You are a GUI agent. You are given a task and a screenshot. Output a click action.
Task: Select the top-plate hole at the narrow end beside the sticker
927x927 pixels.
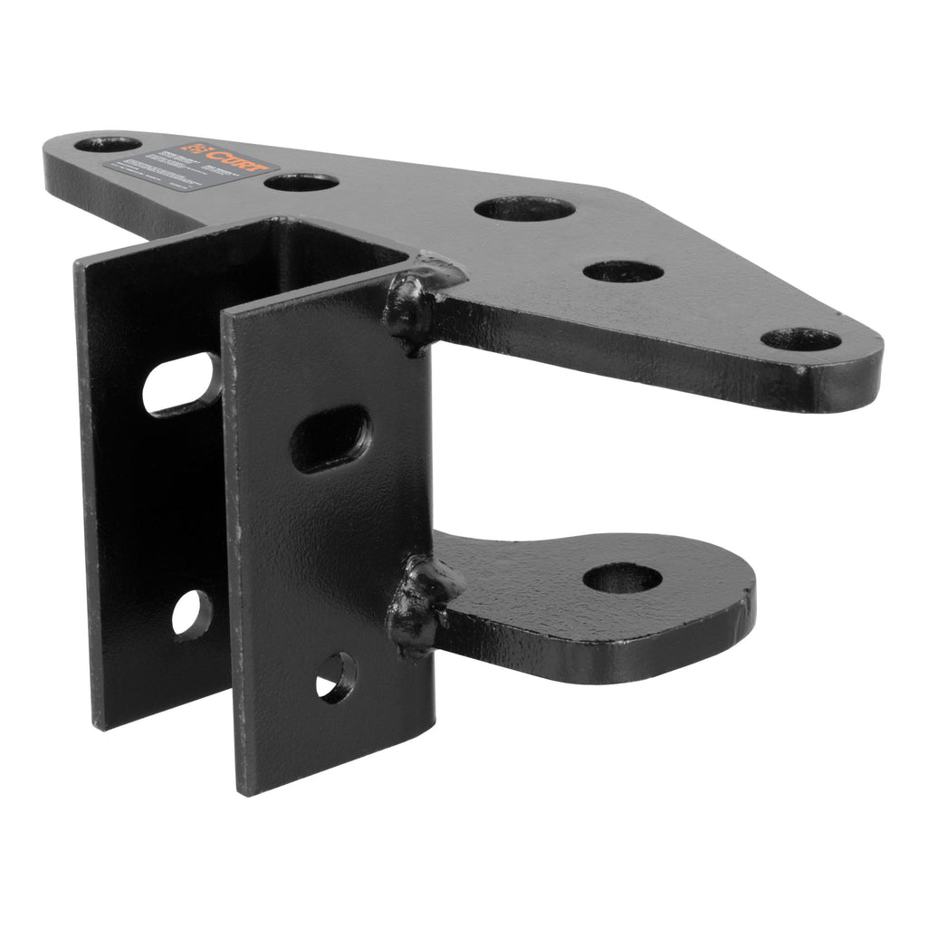[x=108, y=144]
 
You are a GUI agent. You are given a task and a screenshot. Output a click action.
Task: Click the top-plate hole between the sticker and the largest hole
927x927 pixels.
[x=301, y=182]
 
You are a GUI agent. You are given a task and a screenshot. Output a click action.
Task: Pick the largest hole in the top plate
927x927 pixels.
[x=524, y=209]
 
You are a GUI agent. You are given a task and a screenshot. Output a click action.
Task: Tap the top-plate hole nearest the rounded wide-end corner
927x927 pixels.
[x=800, y=339]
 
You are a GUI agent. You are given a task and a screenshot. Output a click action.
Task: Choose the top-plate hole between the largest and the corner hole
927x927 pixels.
[x=623, y=271]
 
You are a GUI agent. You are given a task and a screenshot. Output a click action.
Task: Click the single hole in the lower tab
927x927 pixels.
[x=622, y=578]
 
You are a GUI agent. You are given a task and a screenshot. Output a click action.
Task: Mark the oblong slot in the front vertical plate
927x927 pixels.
[x=331, y=438]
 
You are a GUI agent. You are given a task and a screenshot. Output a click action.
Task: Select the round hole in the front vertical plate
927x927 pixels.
[x=336, y=676]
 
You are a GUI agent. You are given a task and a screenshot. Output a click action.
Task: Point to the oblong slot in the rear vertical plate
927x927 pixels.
[x=181, y=384]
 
